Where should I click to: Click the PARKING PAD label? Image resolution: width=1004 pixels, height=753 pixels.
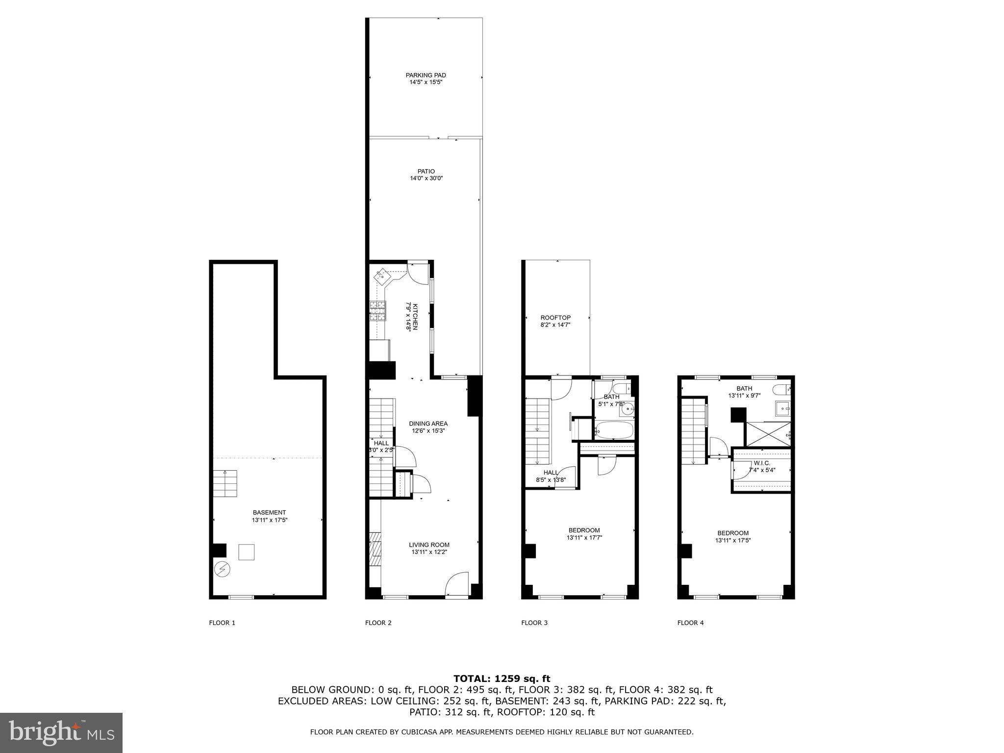point(426,75)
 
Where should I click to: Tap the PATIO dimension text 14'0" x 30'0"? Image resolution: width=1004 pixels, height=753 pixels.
point(427,178)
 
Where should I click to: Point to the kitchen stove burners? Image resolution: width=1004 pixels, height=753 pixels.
point(377,311)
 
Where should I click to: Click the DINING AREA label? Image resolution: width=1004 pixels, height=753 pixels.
point(428,424)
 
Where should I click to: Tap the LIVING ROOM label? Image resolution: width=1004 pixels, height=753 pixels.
point(429,545)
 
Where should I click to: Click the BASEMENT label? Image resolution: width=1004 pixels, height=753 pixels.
point(269,512)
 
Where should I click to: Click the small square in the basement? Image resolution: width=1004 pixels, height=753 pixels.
point(247,552)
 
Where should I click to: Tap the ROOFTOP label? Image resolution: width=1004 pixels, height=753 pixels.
point(555,318)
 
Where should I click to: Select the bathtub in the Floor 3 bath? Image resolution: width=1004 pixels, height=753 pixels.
point(614,430)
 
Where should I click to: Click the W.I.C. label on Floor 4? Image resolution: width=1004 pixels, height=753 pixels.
point(762,463)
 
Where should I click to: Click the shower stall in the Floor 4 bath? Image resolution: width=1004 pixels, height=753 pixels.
point(767,434)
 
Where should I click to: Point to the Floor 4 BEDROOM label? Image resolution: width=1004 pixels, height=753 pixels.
point(733,533)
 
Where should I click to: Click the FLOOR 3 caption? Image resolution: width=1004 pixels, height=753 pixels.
point(534,623)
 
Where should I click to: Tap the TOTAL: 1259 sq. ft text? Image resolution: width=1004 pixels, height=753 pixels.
point(502,679)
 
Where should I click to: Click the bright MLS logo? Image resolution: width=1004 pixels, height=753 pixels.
point(61,732)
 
